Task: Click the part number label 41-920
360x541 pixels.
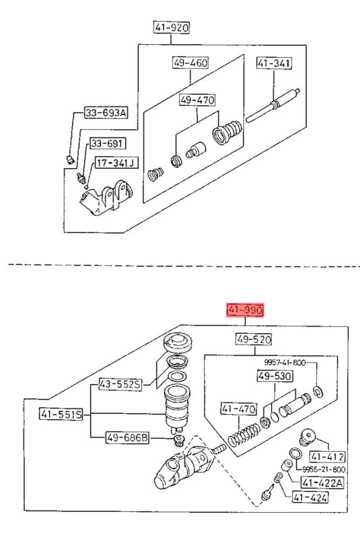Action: point(171,27)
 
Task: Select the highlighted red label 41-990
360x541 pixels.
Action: point(245,310)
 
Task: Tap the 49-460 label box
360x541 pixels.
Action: point(190,63)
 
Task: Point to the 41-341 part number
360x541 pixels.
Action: point(274,63)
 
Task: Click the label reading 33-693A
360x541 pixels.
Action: point(106,113)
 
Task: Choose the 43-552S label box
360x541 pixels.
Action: point(121,384)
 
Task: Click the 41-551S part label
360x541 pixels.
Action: point(61,414)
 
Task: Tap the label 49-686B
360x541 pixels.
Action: point(127,439)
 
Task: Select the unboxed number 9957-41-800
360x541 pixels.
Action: point(285,362)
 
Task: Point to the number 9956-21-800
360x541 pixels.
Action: point(324,470)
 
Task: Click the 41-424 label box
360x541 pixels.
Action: point(310,497)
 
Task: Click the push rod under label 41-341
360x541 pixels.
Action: point(273,105)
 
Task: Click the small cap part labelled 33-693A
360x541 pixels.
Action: point(70,160)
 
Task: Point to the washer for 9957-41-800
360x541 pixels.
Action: point(318,391)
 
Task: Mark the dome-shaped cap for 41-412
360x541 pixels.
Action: point(307,437)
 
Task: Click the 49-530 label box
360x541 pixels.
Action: point(275,376)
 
